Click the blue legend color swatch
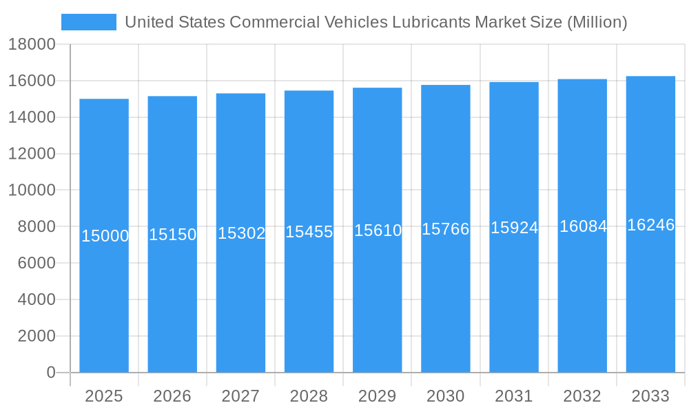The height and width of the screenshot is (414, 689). (89, 22)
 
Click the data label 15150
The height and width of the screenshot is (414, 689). (173, 235)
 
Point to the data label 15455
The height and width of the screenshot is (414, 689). (309, 232)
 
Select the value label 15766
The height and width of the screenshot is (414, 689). (446, 229)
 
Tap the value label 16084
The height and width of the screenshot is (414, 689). (583, 226)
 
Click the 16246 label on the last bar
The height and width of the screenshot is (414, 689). (650, 225)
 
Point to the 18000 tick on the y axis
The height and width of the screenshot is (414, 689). (32, 45)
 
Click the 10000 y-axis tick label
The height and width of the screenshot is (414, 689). (32, 190)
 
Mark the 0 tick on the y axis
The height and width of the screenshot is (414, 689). (51, 373)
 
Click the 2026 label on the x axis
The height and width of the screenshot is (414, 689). (172, 396)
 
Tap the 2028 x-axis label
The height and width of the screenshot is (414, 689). (309, 396)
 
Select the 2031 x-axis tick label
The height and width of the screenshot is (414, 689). (514, 396)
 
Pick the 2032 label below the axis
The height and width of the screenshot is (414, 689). (582, 396)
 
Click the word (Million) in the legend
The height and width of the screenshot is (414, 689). (597, 22)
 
